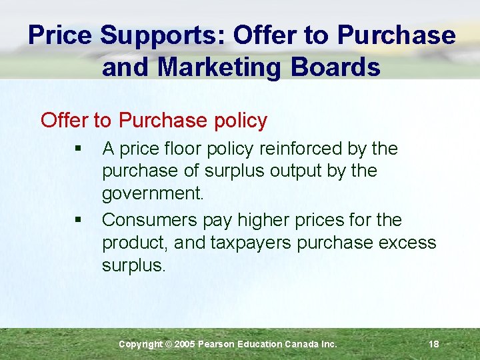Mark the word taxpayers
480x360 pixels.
click(251, 243)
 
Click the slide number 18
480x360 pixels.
click(433, 344)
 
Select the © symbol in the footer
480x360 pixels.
click(169, 344)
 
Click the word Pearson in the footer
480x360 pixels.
click(217, 344)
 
